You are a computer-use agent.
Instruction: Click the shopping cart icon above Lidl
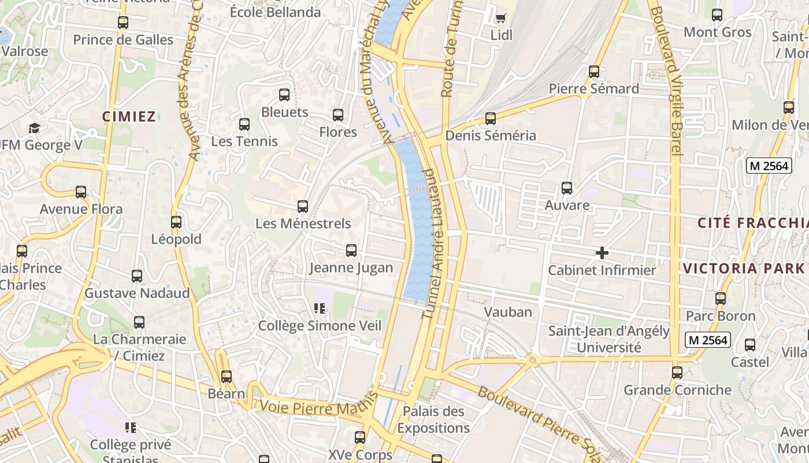click(501, 18)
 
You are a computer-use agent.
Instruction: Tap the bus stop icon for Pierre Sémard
click(594, 72)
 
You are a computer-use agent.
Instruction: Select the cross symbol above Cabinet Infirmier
click(602, 253)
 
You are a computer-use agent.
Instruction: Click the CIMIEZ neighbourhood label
click(129, 116)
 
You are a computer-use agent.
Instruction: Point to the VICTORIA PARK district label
click(744, 268)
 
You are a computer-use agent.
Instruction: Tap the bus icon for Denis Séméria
click(491, 119)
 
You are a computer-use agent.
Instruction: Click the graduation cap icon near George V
click(34, 128)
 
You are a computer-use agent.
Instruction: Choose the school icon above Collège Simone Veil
click(320, 308)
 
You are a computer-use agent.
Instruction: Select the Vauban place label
click(508, 312)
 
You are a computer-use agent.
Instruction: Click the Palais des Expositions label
click(433, 420)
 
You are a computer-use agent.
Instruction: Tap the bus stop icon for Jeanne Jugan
click(351, 251)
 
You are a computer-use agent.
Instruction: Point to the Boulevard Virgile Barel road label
click(667, 78)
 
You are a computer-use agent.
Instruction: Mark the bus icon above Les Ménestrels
click(303, 206)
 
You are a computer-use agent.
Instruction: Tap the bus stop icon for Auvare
click(567, 188)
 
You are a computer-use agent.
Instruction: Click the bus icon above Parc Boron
click(721, 299)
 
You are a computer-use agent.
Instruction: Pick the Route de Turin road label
click(449, 55)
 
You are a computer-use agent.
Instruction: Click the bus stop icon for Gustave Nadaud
click(137, 276)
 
